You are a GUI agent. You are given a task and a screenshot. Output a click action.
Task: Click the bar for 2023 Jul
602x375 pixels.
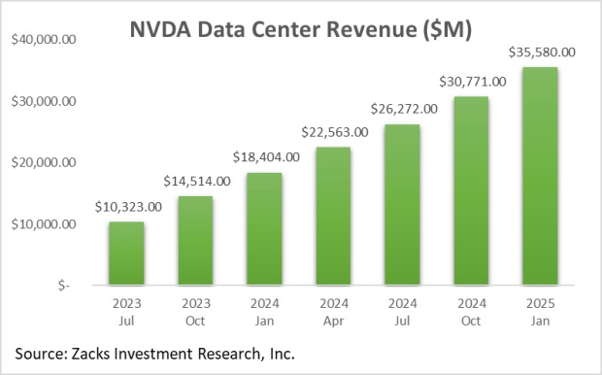125,254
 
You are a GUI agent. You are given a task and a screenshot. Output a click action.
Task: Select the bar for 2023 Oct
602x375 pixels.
195,241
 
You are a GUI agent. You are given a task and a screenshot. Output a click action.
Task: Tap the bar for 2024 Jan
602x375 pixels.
265,229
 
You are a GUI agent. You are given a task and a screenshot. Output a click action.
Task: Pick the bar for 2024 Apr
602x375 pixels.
334,216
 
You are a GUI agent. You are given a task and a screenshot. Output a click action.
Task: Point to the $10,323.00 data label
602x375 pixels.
128,206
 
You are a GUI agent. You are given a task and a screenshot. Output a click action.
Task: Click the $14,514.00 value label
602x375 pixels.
197,181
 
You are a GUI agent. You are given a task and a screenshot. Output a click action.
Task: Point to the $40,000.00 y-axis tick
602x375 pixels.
46,40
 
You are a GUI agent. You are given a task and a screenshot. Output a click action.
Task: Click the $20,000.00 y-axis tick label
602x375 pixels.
46,163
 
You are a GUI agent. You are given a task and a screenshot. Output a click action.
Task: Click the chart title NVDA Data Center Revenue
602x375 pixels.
301,29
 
